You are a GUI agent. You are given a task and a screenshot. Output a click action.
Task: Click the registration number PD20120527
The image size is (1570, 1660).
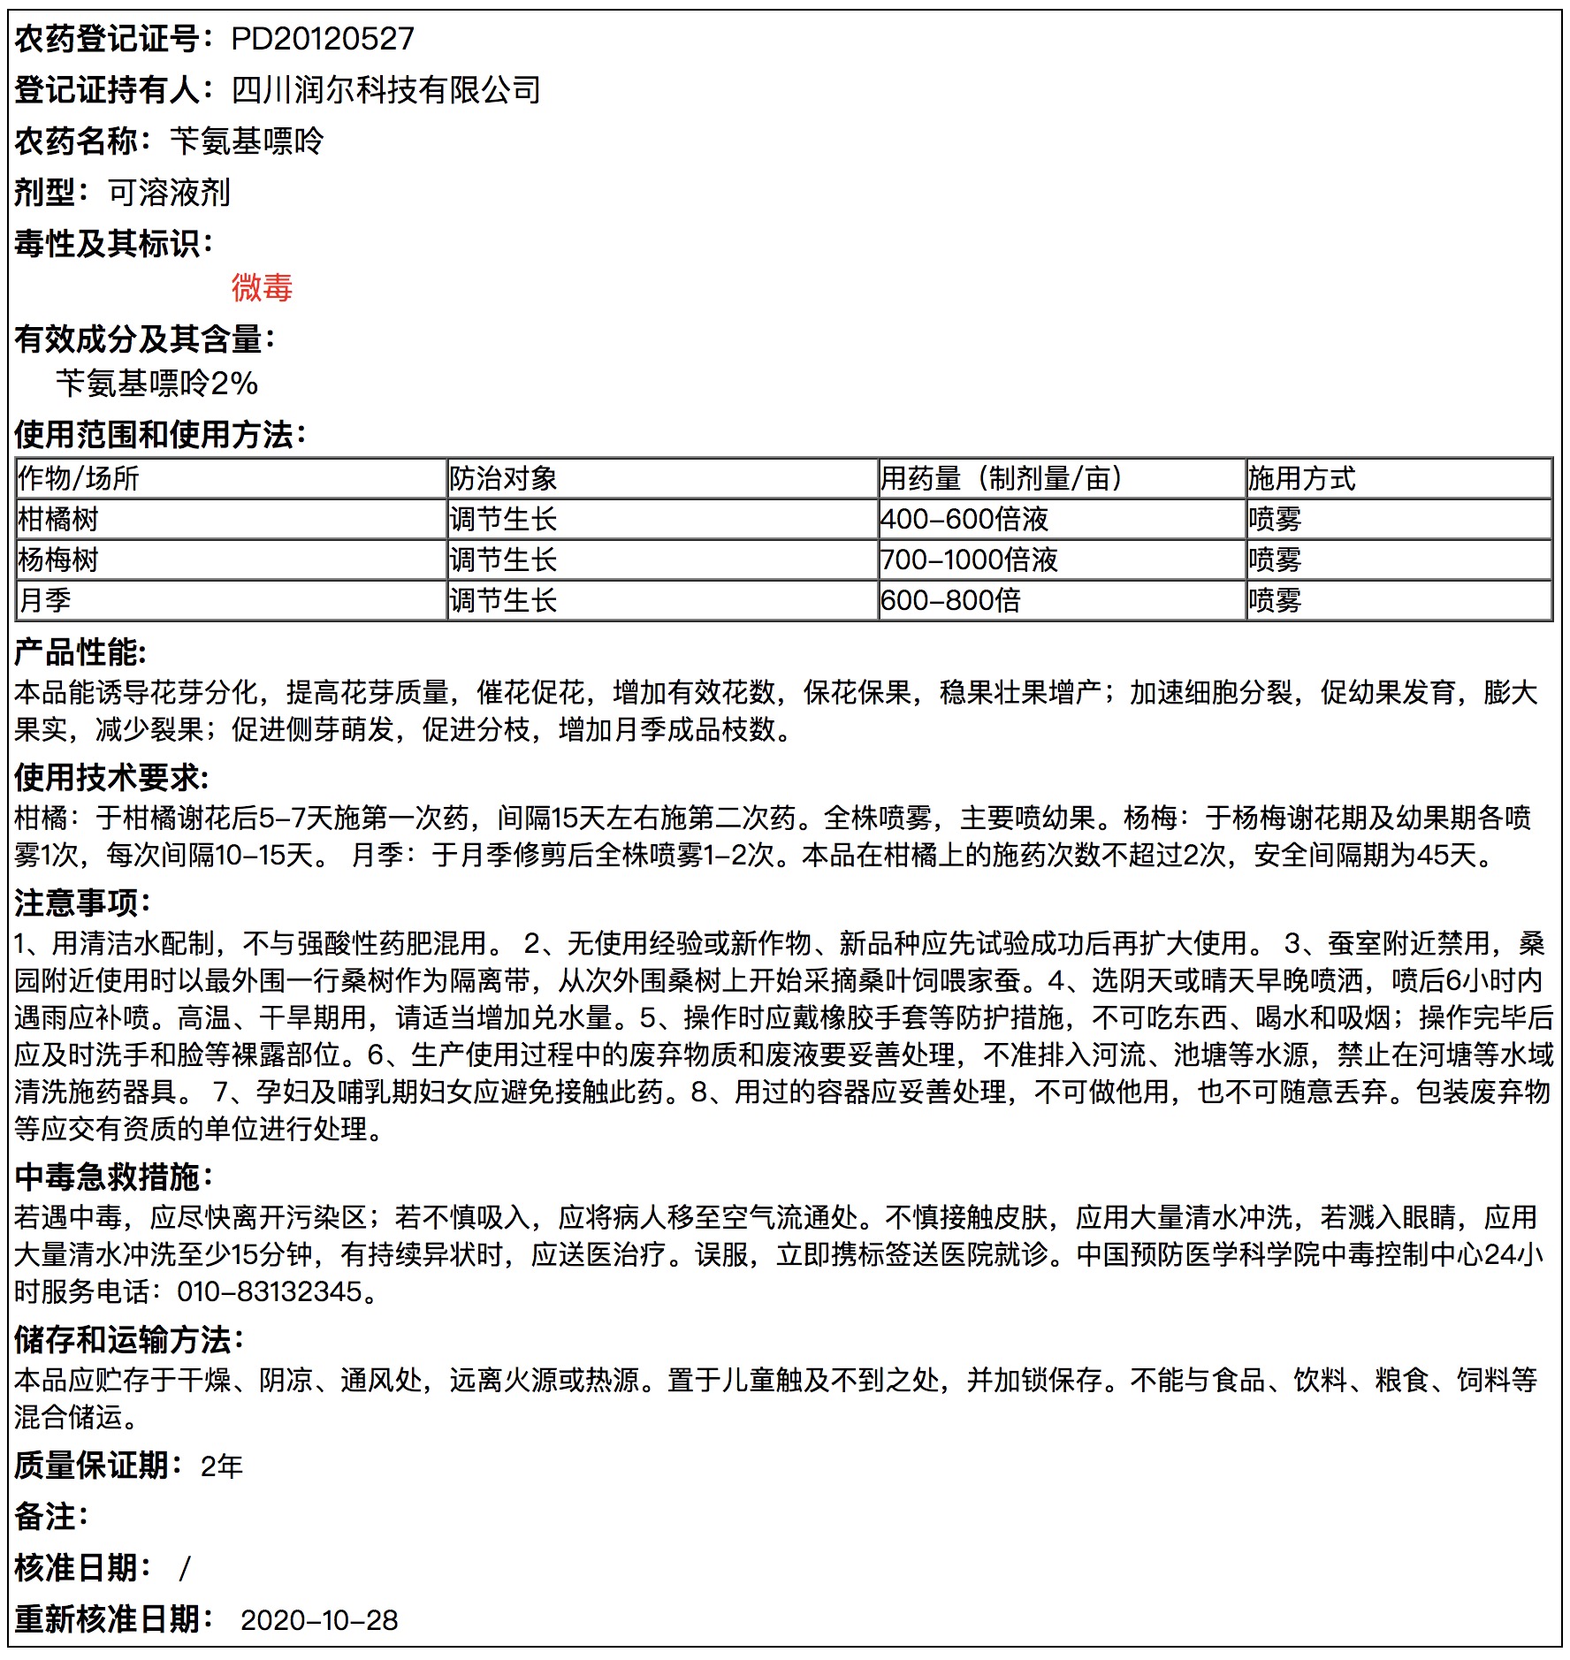[x=322, y=39]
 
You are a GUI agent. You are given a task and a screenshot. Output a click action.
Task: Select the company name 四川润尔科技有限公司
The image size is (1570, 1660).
[x=385, y=90]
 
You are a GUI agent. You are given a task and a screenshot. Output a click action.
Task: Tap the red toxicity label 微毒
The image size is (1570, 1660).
[x=262, y=288]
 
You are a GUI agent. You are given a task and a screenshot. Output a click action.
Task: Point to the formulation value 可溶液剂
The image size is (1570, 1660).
[x=169, y=193]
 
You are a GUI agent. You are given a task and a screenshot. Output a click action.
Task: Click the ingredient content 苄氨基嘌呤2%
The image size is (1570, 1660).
[x=156, y=384]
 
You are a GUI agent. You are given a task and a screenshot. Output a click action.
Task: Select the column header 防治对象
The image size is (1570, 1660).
[x=503, y=478]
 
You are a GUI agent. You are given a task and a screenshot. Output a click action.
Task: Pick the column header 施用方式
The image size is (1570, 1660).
[x=1301, y=478]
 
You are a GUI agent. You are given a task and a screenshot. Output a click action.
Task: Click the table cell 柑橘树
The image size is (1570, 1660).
[x=58, y=519]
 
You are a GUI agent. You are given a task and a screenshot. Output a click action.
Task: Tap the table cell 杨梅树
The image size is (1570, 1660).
[x=58, y=560]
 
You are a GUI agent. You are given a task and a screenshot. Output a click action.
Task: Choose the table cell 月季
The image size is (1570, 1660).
[x=45, y=600]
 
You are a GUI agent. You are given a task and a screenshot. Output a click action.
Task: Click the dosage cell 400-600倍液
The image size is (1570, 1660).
[x=964, y=519]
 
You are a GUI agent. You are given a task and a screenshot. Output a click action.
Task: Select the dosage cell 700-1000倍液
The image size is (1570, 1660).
[x=969, y=560]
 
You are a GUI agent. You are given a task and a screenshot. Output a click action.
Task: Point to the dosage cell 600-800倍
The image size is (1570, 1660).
[x=950, y=600]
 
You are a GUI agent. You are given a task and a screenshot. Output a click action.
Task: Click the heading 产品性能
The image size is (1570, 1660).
[x=80, y=652]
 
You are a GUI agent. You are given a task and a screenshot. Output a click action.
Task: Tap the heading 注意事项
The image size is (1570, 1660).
[x=82, y=902]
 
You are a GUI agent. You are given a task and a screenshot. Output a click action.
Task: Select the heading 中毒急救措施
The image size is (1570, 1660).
[x=113, y=1176]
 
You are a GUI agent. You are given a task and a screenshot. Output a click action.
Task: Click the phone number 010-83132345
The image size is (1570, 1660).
[x=270, y=1291]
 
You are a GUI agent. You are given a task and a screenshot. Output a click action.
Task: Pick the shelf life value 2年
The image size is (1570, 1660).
[x=221, y=1466]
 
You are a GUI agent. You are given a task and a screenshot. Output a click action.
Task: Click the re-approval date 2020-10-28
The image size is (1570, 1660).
[x=319, y=1620]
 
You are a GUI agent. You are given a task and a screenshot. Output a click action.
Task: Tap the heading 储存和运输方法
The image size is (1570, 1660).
[x=128, y=1339]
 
